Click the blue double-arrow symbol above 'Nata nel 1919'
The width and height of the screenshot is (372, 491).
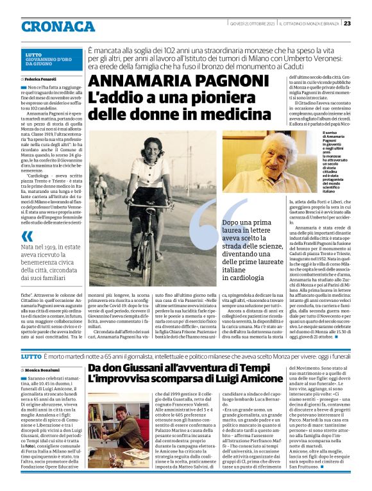pos(28,237)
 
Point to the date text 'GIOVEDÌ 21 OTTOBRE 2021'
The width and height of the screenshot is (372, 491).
pos(249,24)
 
